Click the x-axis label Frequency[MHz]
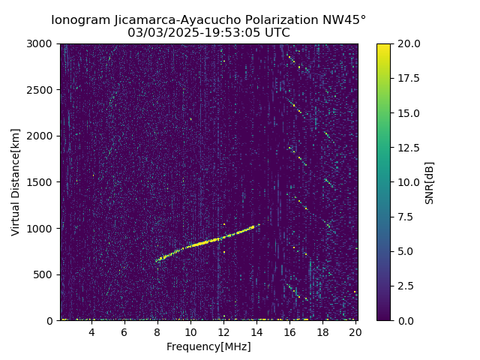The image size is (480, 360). (208, 346)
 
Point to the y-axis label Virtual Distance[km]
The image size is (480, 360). (16, 181)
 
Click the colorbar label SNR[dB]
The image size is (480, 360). (430, 182)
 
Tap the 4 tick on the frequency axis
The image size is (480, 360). (91, 332)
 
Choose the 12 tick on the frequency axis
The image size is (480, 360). (223, 332)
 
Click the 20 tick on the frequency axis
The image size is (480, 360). (355, 332)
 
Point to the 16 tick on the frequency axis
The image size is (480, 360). (289, 332)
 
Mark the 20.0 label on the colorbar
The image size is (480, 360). (409, 43)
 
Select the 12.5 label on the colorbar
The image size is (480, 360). (409, 148)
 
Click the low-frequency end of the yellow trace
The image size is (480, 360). (157, 261)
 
